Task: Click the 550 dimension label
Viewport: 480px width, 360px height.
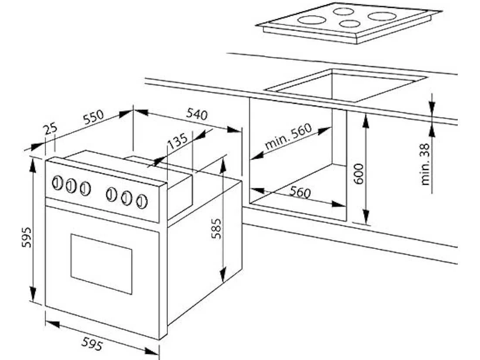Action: (94, 117)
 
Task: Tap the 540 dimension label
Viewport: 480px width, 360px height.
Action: (197, 114)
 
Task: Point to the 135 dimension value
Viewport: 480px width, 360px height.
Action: (177, 140)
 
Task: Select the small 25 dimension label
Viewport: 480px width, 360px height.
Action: (51, 129)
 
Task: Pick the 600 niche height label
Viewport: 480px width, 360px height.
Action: (358, 174)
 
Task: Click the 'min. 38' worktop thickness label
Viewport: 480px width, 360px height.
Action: (425, 164)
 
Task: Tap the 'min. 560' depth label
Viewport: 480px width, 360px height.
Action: (288, 136)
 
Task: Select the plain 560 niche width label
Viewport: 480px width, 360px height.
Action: (300, 192)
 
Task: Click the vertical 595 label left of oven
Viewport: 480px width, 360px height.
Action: (27, 237)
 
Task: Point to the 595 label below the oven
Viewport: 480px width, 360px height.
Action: (92, 343)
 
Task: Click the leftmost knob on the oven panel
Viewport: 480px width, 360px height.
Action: (57, 183)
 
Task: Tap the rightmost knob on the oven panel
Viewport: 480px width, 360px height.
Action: (142, 201)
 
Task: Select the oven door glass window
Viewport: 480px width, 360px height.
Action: (101, 264)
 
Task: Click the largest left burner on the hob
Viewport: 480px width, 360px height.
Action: (312, 20)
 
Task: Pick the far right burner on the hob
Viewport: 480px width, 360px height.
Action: (382, 16)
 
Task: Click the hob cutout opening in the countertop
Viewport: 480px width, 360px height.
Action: (346, 86)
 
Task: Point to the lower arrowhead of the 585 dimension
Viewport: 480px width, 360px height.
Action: (223, 274)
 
